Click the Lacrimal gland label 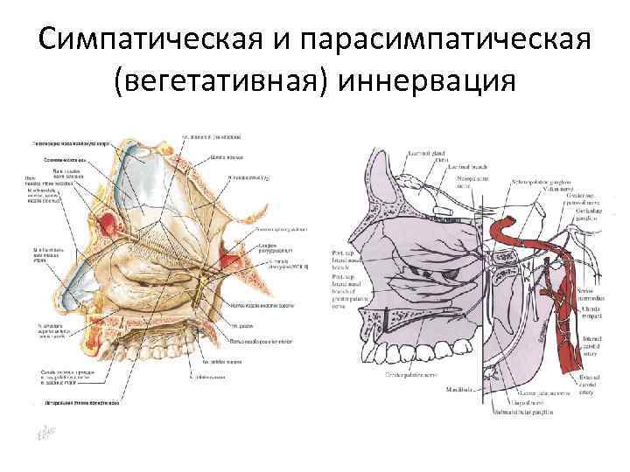[x=425, y=154]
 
